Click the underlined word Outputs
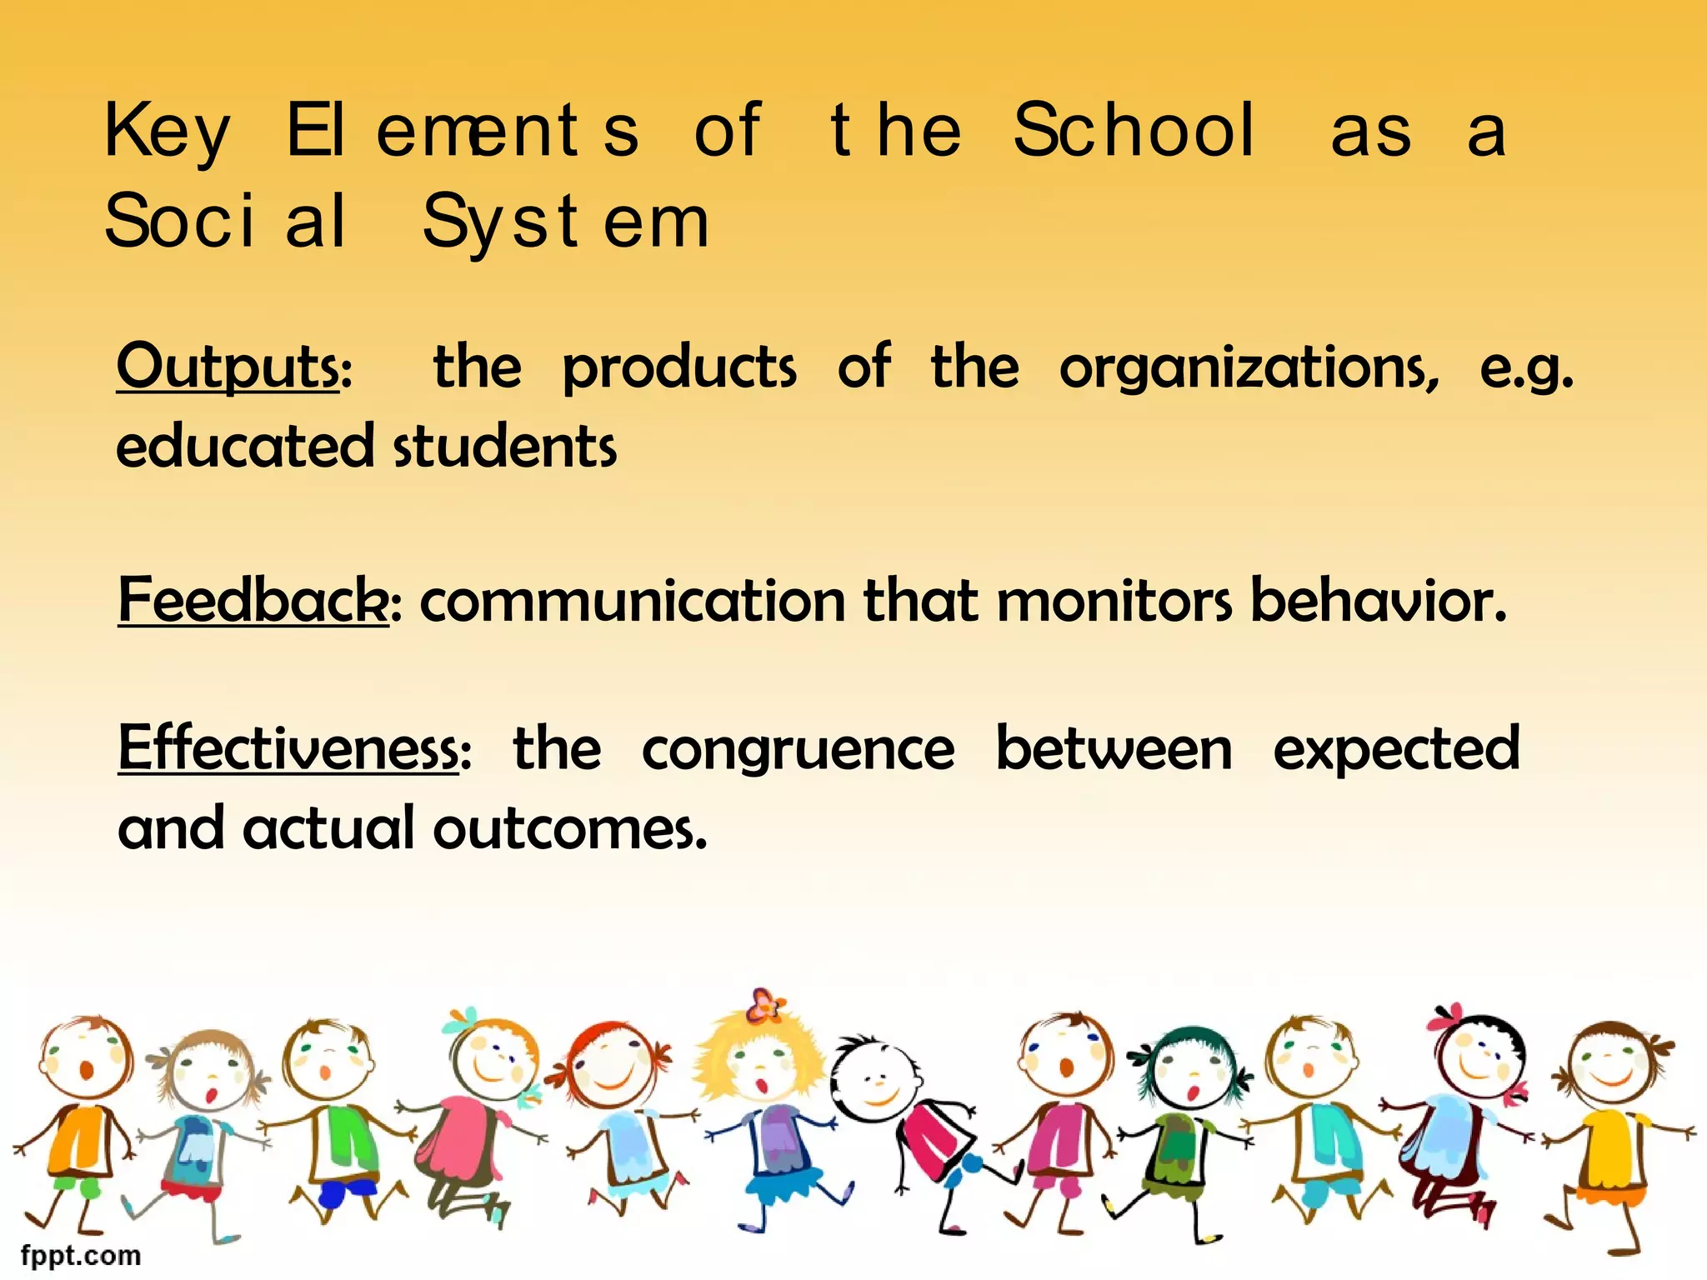click(228, 367)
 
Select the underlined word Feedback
click(253, 600)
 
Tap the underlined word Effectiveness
click(288, 748)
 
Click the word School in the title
click(1134, 130)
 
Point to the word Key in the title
click(167, 132)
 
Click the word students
click(505, 447)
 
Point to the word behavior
click(1379, 600)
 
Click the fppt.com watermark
click(80, 1255)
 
